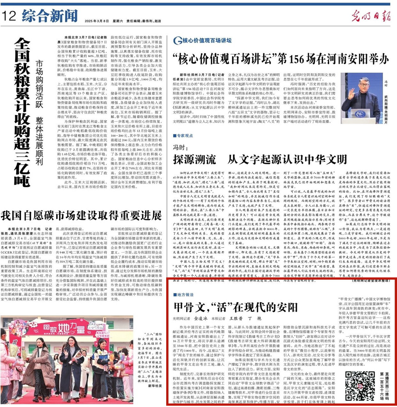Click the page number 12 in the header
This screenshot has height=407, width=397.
[9, 16]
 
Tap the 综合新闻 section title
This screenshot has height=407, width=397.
[50, 16]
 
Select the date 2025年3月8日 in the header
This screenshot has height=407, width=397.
[97, 21]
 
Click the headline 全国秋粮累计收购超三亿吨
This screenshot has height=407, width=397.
[22, 112]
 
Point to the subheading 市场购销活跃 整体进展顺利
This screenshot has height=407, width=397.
[39, 112]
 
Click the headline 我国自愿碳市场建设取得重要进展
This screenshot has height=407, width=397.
[81, 216]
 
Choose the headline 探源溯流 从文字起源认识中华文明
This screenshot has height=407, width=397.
[260, 159]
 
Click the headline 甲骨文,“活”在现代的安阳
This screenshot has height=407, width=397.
[236, 307]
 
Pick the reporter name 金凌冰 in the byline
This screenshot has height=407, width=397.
[201, 318]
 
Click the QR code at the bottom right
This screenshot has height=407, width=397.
[360, 386]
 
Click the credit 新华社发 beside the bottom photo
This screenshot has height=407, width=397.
[155, 386]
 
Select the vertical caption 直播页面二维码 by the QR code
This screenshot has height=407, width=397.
[386, 386]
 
